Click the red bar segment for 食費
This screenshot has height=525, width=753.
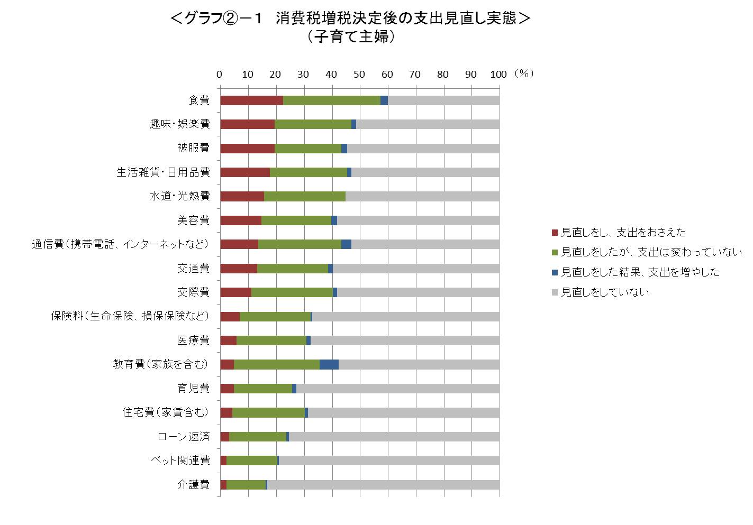click(x=251, y=100)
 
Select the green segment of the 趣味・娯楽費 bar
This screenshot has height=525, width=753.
click(x=313, y=124)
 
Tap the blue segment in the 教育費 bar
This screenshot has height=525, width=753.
click(x=329, y=364)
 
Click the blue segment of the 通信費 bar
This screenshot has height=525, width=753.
click(x=346, y=244)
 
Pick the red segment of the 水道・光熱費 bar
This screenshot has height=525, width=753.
click(x=242, y=196)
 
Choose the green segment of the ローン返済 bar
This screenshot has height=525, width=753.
click(x=258, y=437)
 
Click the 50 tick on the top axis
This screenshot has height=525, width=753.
click(x=359, y=75)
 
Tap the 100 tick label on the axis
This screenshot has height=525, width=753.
click(x=498, y=75)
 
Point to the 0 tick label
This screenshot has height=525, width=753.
click(x=220, y=75)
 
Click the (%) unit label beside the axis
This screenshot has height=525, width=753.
click(x=524, y=74)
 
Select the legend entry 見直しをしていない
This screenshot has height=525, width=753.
click(x=604, y=292)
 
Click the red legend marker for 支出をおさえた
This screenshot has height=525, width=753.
click(x=554, y=233)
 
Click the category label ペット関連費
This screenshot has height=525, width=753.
click(x=180, y=460)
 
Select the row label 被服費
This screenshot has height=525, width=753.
click(x=194, y=148)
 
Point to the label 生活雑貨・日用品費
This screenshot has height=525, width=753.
click(x=163, y=172)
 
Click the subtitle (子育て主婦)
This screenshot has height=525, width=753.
click(x=350, y=37)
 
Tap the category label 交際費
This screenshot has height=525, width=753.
click(x=194, y=292)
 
